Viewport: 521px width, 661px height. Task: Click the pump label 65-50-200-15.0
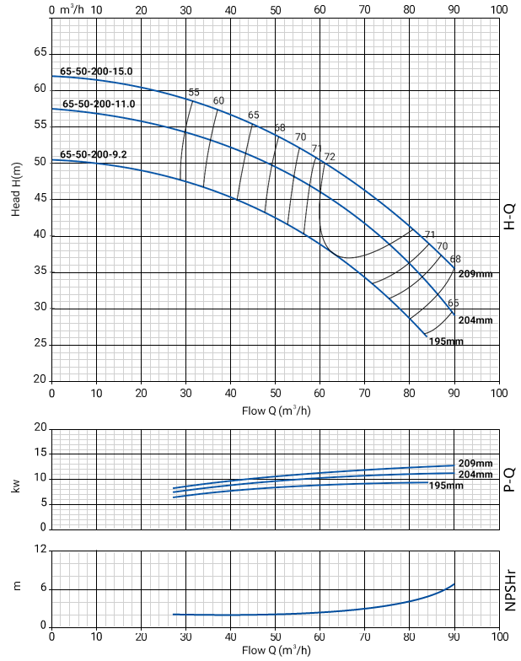[x=96, y=72]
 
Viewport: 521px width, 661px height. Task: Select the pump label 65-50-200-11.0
[x=98, y=104]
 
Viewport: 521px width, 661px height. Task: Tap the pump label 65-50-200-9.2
[x=94, y=155]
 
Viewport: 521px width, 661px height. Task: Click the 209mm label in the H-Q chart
[x=475, y=274]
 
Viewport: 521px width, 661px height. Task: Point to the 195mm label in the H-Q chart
[x=446, y=341]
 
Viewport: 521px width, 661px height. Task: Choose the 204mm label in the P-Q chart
[x=475, y=475]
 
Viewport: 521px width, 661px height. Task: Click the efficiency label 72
[x=330, y=157]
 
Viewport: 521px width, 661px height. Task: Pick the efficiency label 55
[x=194, y=92]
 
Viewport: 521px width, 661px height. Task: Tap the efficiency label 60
[x=218, y=101]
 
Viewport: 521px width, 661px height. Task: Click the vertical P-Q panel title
[x=508, y=479]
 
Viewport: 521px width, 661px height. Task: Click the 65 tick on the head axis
[x=39, y=52]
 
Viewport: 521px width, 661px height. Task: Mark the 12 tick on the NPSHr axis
[x=39, y=550]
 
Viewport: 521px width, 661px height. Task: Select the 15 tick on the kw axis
[x=39, y=454]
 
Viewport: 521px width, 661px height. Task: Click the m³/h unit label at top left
[x=73, y=10]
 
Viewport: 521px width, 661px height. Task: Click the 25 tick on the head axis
[x=39, y=344]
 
